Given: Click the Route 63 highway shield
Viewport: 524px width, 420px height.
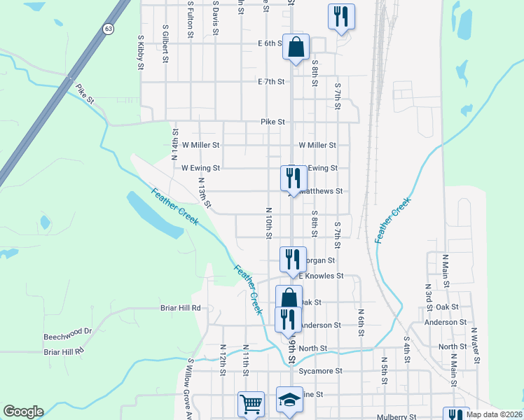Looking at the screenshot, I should (107, 29).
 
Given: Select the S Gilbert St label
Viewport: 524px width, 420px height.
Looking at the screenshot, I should (165, 45).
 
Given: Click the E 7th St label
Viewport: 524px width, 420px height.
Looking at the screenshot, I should (272, 82).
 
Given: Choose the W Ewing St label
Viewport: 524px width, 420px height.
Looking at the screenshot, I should (200, 168).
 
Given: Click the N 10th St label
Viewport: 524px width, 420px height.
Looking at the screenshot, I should (268, 222).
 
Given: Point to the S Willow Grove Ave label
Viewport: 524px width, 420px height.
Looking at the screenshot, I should (190, 388).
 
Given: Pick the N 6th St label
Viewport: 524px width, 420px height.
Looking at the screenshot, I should (361, 322).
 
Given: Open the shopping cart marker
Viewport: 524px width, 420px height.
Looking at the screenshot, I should (251, 403).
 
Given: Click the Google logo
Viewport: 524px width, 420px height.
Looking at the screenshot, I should (23, 412).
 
